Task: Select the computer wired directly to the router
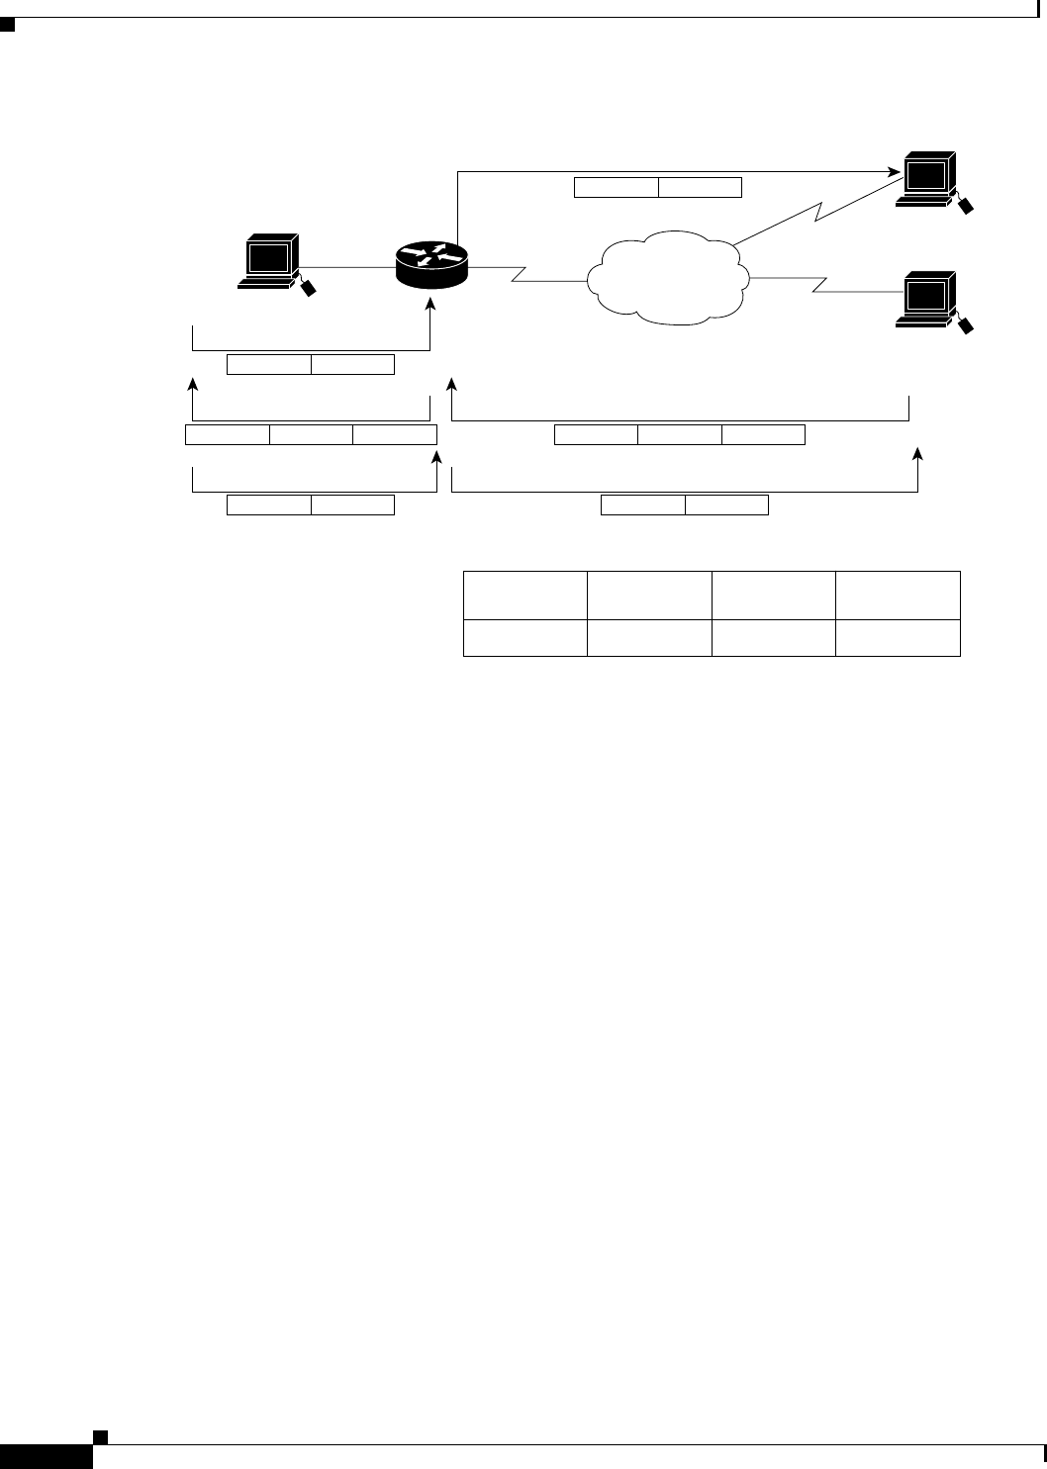pos(270,261)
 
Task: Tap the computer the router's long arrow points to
pos(926,179)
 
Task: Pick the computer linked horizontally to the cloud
pos(927,299)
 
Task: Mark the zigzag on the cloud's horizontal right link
pos(819,286)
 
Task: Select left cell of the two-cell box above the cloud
pos(617,187)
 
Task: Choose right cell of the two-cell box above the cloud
pos(700,187)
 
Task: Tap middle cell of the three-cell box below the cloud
pos(680,434)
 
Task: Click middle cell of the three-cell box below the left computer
pos(312,434)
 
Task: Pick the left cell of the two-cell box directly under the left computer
pos(269,365)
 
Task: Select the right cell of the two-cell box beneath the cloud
pos(726,505)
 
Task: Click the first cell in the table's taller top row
pos(524,596)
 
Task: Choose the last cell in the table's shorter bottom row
pos(898,638)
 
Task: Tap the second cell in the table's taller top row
pos(649,596)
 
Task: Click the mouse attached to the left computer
pos(309,287)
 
